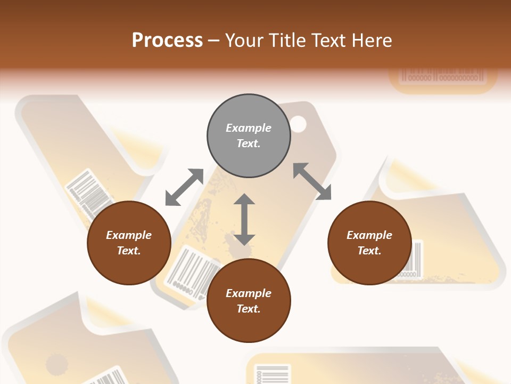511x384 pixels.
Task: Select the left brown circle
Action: pyautogui.click(x=129, y=243)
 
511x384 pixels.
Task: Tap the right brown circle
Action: pyautogui.click(x=369, y=243)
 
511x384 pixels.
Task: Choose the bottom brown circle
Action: pyautogui.click(x=249, y=301)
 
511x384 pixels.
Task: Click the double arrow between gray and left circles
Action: pyautogui.click(x=184, y=187)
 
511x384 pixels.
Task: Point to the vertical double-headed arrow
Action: pyautogui.click(x=244, y=219)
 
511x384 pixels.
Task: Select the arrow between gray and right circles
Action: pyautogui.click(x=312, y=181)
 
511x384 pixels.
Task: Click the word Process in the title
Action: pyautogui.click(x=167, y=40)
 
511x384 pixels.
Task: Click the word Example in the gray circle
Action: pyautogui.click(x=249, y=128)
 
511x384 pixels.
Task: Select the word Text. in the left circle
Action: pyautogui.click(x=129, y=251)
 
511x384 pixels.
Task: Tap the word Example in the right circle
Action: pyautogui.click(x=369, y=235)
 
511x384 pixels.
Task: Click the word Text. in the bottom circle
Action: pyautogui.click(x=249, y=309)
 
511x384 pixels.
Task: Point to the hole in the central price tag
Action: pyautogui.click(x=299, y=124)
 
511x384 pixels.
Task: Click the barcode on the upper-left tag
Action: pyautogui.click(x=88, y=191)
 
